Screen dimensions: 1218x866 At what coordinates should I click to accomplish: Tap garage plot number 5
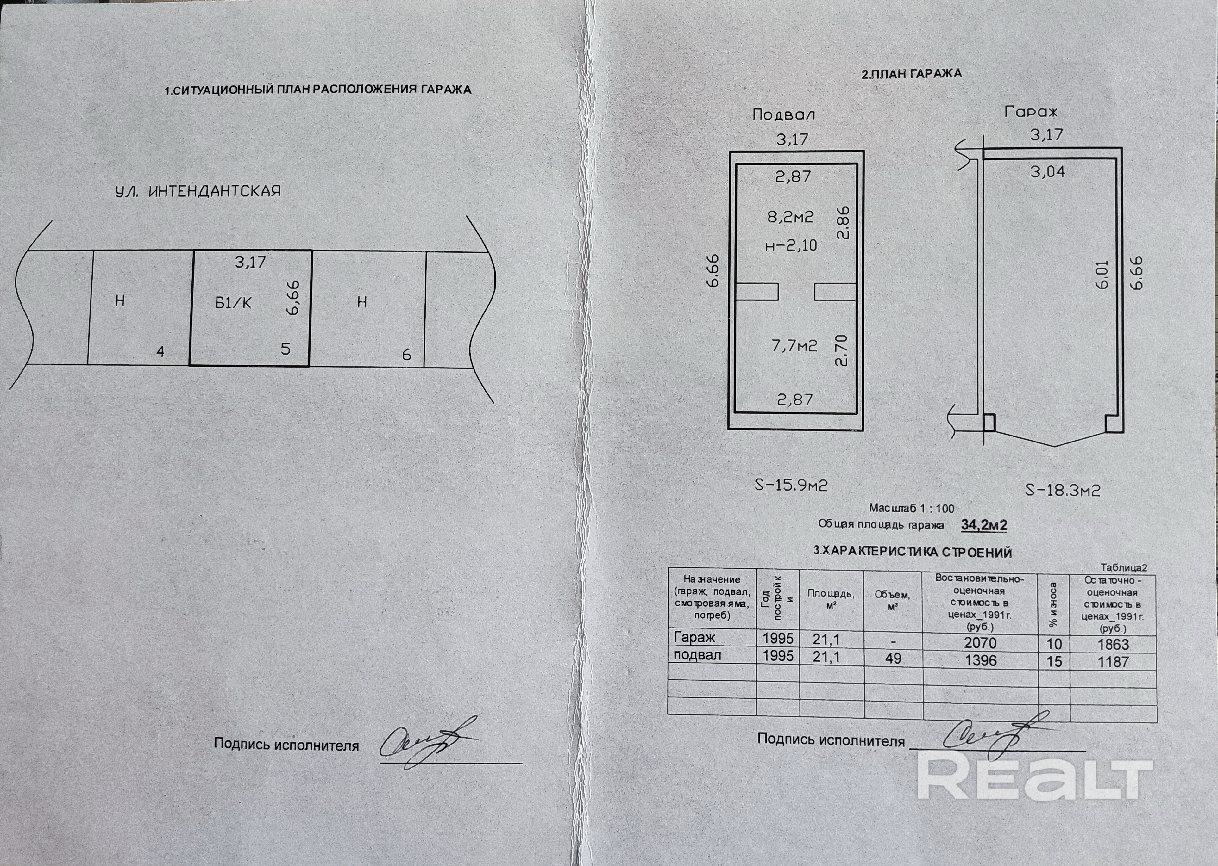(x=286, y=349)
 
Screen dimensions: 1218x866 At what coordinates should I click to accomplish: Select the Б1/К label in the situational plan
(x=233, y=303)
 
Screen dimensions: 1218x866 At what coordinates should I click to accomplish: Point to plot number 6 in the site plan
(x=406, y=355)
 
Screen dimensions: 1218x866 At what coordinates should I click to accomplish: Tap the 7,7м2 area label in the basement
(x=794, y=346)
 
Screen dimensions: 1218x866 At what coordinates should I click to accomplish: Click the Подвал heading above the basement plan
(x=783, y=114)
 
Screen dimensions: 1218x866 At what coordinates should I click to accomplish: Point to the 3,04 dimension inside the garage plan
(x=1047, y=172)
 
